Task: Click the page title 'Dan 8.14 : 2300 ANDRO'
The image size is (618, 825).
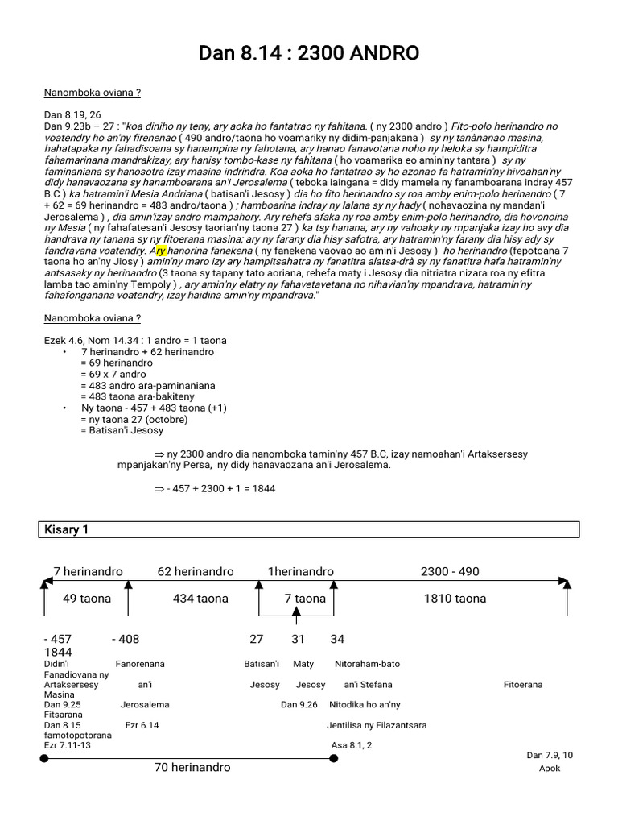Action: [x=309, y=54]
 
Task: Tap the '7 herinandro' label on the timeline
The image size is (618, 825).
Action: [x=88, y=571]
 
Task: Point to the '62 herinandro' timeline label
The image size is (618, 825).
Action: [x=196, y=571]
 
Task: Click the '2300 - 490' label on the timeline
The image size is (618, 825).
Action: [x=449, y=571]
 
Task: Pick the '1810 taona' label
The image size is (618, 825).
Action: [x=455, y=599]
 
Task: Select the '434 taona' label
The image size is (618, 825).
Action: [x=200, y=599]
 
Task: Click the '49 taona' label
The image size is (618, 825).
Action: [x=87, y=599]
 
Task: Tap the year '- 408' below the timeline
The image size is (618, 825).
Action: [x=125, y=639]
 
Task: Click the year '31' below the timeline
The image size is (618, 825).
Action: [x=299, y=639]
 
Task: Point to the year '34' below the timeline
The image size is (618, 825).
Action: [x=337, y=639]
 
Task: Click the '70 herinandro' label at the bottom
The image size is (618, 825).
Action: [x=192, y=767]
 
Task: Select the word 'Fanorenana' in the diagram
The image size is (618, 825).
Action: [x=140, y=664]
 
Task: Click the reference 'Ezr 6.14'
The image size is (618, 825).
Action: [x=142, y=725]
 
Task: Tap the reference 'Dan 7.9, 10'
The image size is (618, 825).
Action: [x=550, y=755]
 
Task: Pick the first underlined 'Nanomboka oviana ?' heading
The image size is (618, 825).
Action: [x=93, y=93]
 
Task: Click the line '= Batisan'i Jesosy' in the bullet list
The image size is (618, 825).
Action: [x=122, y=430]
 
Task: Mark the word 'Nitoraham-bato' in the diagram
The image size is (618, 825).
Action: [x=368, y=664]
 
